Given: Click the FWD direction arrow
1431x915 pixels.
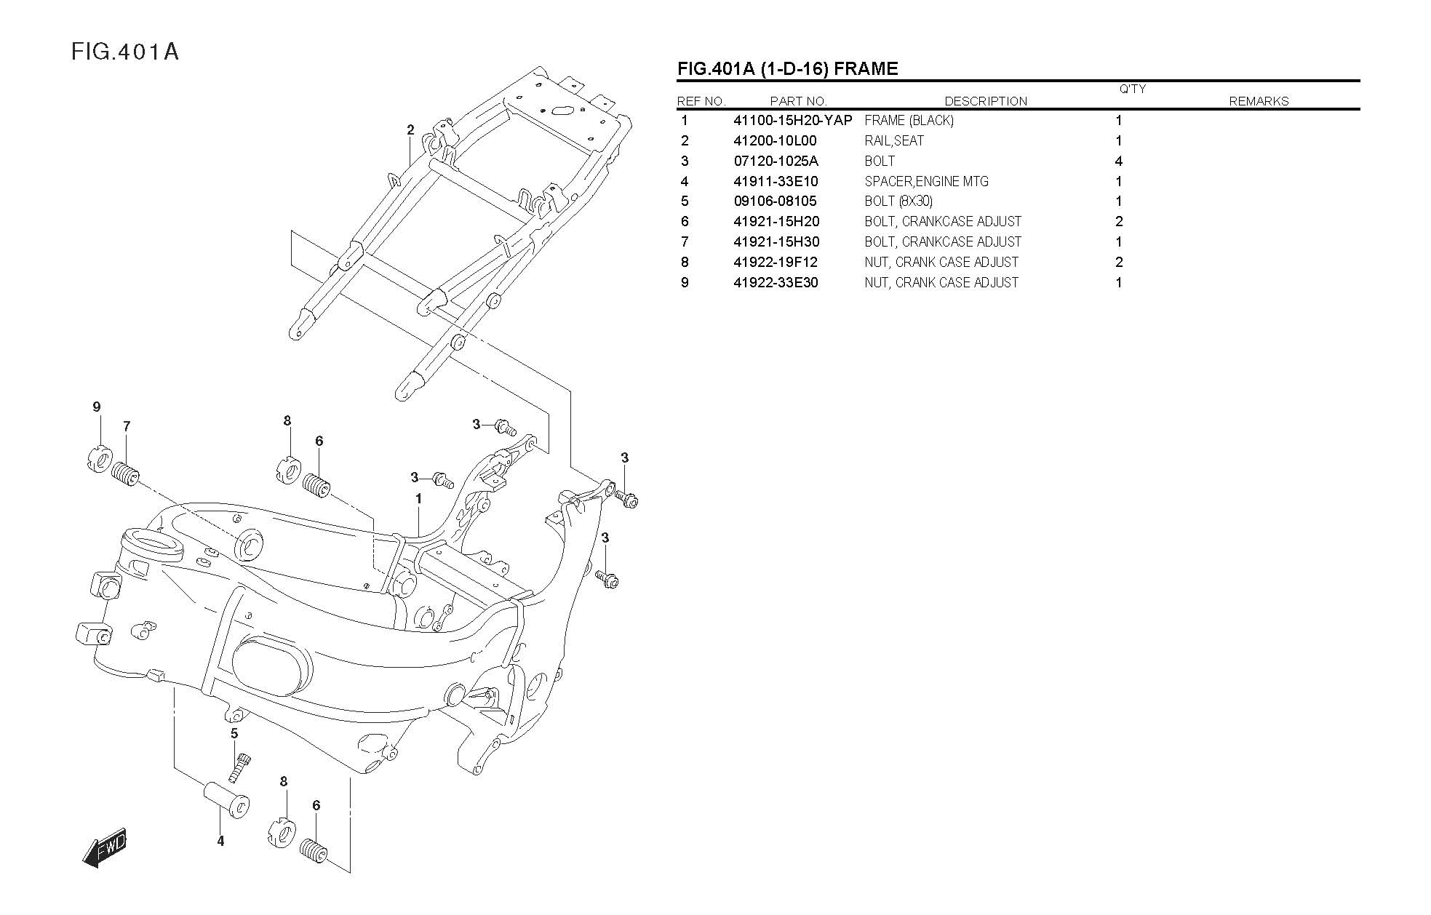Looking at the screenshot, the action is pyautogui.click(x=105, y=848).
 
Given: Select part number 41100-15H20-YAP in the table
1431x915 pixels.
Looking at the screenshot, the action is pyautogui.click(x=792, y=121).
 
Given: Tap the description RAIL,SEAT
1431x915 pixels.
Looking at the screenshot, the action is pyautogui.click(x=894, y=141).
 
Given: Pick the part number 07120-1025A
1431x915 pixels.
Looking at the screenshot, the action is pyautogui.click(x=776, y=161).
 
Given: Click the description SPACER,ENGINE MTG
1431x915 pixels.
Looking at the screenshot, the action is pyautogui.click(x=926, y=182).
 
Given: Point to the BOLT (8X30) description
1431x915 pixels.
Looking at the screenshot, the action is pyautogui.click(x=898, y=201).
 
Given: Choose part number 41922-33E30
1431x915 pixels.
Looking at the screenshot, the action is pyautogui.click(x=776, y=283).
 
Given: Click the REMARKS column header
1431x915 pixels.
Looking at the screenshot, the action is pyautogui.click(x=1259, y=102).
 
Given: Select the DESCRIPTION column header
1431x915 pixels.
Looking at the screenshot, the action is pyautogui.click(x=986, y=102).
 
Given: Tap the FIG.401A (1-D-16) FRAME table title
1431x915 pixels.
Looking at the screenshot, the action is pyautogui.click(x=787, y=69).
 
